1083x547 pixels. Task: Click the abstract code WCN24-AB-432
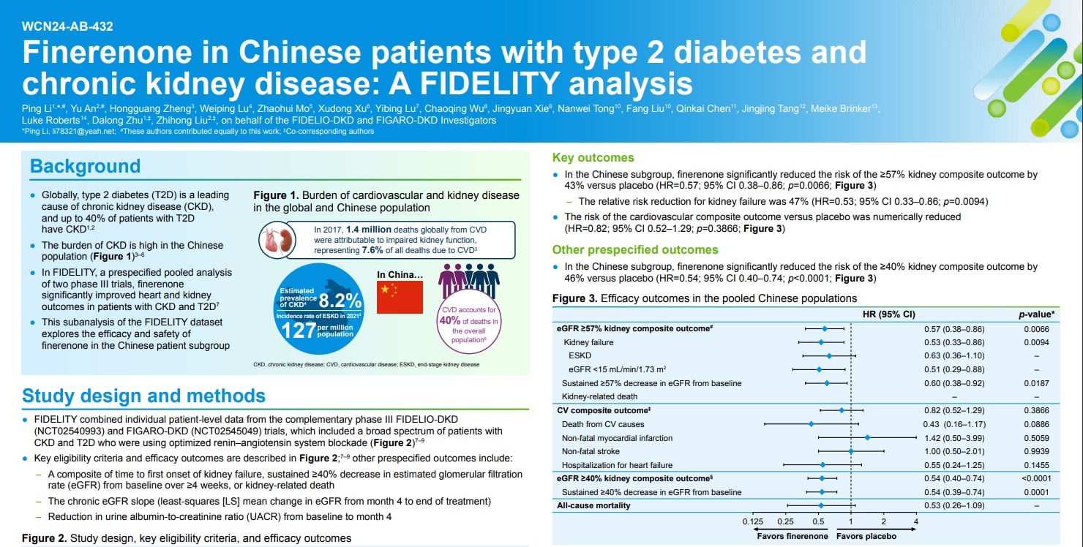67,26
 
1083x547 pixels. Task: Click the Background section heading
85,166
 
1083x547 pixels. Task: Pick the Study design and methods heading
143,396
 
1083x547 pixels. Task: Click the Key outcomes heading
593,157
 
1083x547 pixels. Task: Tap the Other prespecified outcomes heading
635,249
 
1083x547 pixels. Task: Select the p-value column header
1036,314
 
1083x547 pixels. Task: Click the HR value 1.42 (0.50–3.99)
951,438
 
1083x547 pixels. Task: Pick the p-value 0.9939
1036,451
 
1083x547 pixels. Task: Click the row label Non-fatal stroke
592,451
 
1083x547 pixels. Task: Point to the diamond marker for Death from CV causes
811,424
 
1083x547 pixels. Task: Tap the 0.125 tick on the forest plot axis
752,521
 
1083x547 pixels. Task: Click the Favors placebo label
866,536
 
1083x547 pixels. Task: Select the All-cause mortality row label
593,505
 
